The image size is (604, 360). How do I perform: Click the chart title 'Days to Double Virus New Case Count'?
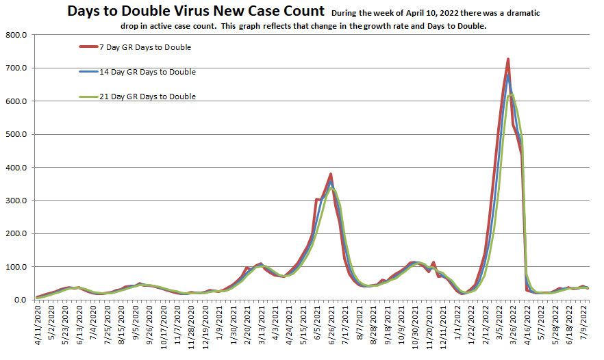pos(195,12)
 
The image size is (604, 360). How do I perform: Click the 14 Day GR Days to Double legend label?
pos(142,72)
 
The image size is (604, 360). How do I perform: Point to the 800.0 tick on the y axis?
pos(15,35)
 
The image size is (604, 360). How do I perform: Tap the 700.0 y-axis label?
pos(15,68)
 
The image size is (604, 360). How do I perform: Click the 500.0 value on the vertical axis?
pos(15,134)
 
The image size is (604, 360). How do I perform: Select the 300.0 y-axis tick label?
pos(15,201)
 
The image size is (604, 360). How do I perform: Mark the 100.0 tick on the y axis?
pos(15,267)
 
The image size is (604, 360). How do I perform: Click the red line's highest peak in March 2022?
pos(508,60)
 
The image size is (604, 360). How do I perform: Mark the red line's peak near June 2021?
pos(331,175)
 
